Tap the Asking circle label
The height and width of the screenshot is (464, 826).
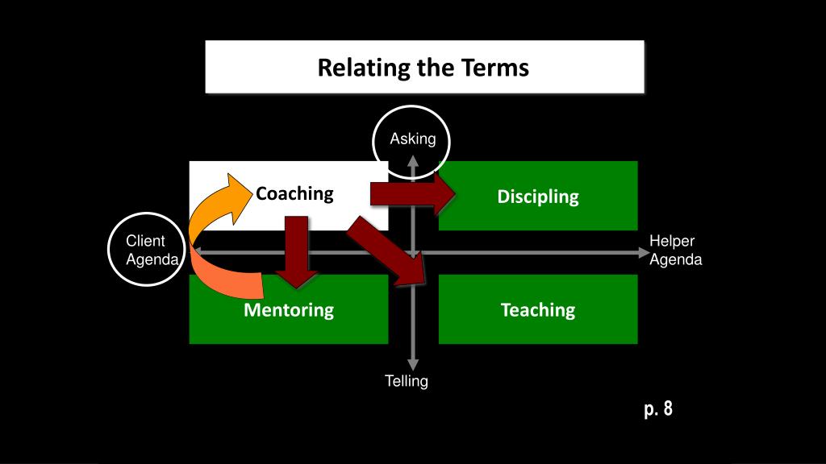tap(412, 140)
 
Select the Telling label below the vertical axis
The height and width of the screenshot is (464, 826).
tap(406, 381)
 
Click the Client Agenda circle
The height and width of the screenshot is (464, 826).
tap(146, 251)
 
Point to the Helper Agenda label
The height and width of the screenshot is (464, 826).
tap(676, 251)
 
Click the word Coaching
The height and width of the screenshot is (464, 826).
tap(294, 193)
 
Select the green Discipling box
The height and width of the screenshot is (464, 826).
tap(538, 196)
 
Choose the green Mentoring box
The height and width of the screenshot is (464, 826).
tap(289, 310)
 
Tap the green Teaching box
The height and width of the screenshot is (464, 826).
tap(538, 310)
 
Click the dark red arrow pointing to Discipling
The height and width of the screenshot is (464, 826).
tap(412, 193)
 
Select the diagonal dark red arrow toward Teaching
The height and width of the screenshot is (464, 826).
tap(387, 254)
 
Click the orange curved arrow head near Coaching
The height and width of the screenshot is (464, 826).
tap(239, 192)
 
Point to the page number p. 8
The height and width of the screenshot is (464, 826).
tap(658, 409)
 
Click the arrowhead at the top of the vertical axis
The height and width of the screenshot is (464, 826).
tap(413, 164)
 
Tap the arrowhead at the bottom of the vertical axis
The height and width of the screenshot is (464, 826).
tap(413, 366)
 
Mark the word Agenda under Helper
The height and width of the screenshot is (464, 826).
tap(676, 260)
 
